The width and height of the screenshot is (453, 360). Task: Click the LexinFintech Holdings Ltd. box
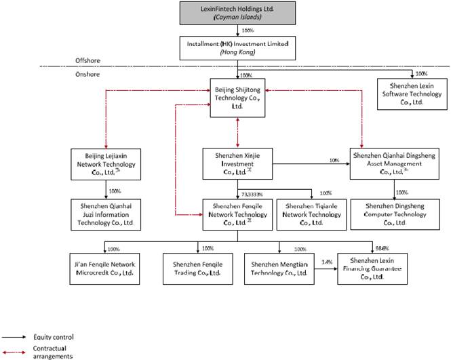coord(237,13)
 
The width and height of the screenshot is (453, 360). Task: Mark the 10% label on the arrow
coord(334,161)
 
